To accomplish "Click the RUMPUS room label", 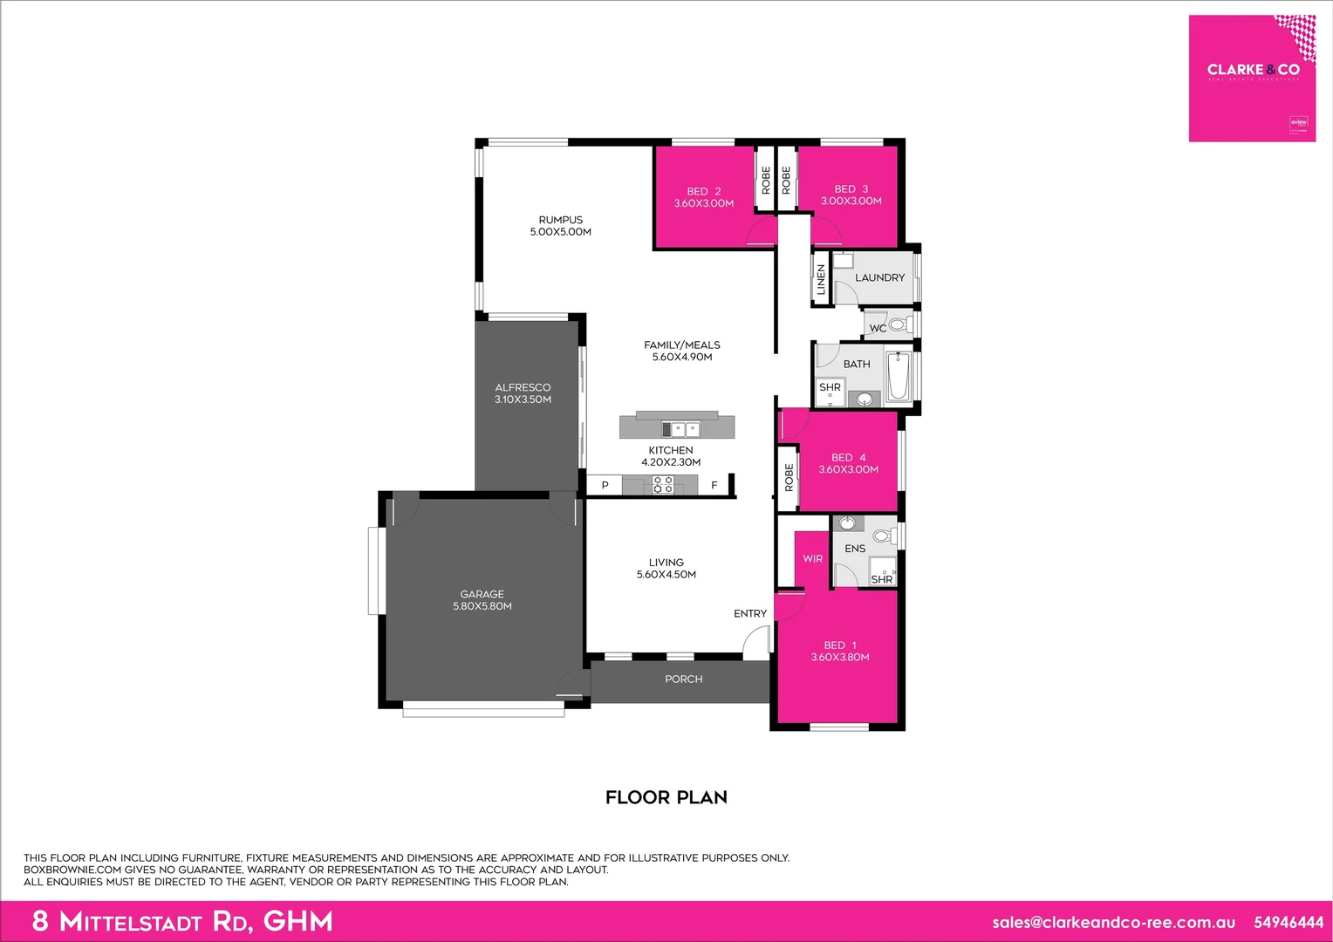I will pyautogui.click(x=560, y=220).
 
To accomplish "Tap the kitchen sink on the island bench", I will pyautogui.click(x=680, y=428).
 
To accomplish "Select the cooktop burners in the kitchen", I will pyautogui.click(x=663, y=485).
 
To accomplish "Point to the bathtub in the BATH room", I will pyautogui.click(x=899, y=376).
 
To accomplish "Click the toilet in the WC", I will pyautogui.click(x=898, y=325).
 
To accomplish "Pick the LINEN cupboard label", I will pyautogui.click(x=821, y=280).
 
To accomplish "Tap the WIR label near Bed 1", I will pyautogui.click(x=812, y=558).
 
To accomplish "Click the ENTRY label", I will pyautogui.click(x=750, y=613).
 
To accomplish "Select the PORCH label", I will pyautogui.click(x=683, y=679).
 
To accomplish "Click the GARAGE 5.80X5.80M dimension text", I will pyautogui.click(x=482, y=606).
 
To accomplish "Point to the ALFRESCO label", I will pyautogui.click(x=523, y=387).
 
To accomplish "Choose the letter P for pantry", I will pyautogui.click(x=605, y=485).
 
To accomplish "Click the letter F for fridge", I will pyautogui.click(x=714, y=485).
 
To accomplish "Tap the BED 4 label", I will pyautogui.click(x=848, y=457).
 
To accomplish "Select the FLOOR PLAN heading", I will pyautogui.click(x=666, y=797).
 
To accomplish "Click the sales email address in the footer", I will pyautogui.click(x=1113, y=922).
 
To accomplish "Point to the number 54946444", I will pyautogui.click(x=1289, y=922).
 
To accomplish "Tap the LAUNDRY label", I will pyautogui.click(x=879, y=277).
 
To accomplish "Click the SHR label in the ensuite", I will pyautogui.click(x=881, y=579).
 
